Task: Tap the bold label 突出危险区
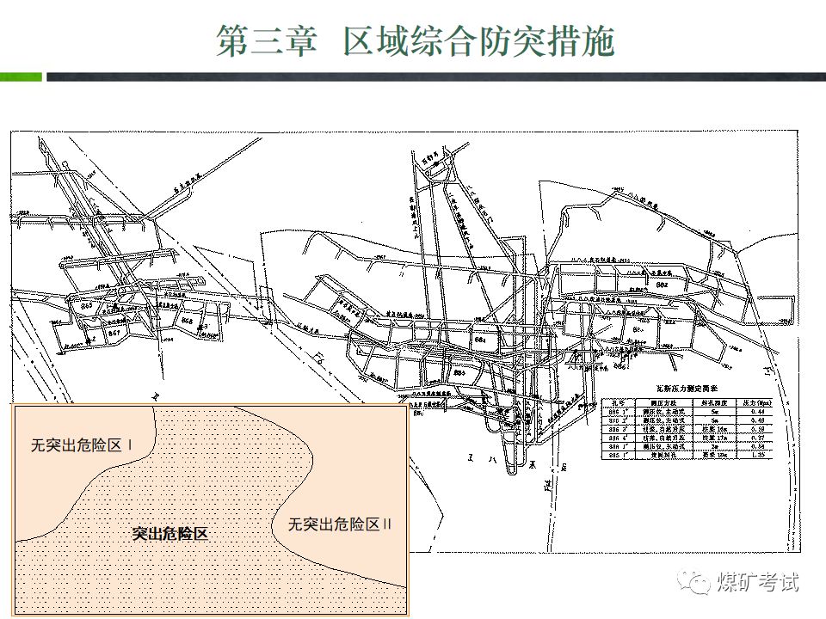point(170,533)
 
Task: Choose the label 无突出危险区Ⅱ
point(340,524)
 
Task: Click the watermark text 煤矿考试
point(758,582)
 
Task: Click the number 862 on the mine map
point(663,283)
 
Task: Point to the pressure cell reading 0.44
point(757,410)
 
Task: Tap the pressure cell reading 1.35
point(757,455)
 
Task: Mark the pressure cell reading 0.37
point(757,437)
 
